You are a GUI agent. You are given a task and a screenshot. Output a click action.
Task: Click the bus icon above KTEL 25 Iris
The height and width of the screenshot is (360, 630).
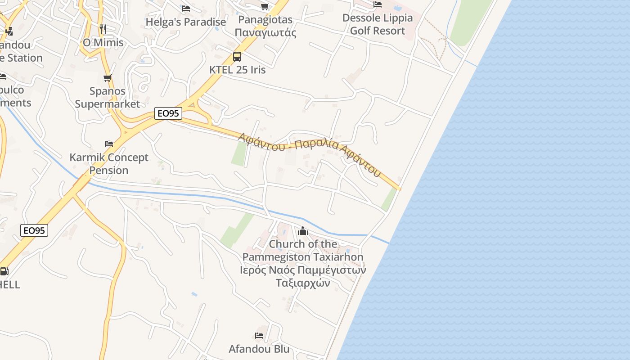point(237,57)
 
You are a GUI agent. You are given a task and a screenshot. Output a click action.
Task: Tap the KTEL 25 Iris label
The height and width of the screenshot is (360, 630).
point(238,70)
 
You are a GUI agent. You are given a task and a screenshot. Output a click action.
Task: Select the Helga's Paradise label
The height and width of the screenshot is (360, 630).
point(186,22)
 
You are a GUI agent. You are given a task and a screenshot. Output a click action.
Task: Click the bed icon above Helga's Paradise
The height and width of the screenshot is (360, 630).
point(185,8)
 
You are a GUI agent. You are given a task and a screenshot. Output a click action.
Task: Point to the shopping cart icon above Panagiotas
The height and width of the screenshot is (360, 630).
point(265,6)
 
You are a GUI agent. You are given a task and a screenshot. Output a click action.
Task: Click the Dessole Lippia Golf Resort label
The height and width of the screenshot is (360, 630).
point(378,24)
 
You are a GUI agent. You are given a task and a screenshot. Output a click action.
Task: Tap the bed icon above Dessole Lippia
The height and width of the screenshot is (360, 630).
point(378,4)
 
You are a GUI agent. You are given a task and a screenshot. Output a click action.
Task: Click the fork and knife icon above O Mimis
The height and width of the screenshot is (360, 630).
point(103,29)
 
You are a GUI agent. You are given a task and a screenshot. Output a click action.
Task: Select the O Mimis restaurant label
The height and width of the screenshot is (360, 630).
point(103,43)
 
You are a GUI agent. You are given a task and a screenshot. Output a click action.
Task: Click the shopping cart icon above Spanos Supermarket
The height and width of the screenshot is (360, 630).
point(107,78)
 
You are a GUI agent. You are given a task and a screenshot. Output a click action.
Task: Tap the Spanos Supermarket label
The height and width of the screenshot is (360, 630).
point(107,98)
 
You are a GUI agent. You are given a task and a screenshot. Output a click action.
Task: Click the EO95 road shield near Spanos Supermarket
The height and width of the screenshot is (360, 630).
point(168,113)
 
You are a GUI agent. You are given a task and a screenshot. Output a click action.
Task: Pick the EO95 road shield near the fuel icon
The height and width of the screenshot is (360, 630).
point(34,230)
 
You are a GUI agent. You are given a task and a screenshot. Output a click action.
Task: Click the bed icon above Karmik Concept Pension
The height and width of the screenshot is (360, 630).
point(108,144)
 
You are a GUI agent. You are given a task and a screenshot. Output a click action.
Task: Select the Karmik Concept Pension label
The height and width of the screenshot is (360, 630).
point(109,164)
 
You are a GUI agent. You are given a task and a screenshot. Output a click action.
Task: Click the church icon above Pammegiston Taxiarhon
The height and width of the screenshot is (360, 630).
point(303,231)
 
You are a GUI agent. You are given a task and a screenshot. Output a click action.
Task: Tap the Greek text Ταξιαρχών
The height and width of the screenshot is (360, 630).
point(303,283)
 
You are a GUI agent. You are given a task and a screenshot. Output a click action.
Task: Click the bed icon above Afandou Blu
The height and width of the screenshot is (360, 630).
point(259,336)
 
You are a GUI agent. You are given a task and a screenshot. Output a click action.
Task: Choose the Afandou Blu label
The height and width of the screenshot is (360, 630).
point(259,349)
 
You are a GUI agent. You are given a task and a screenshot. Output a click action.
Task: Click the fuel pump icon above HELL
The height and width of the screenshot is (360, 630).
point(4,271)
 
